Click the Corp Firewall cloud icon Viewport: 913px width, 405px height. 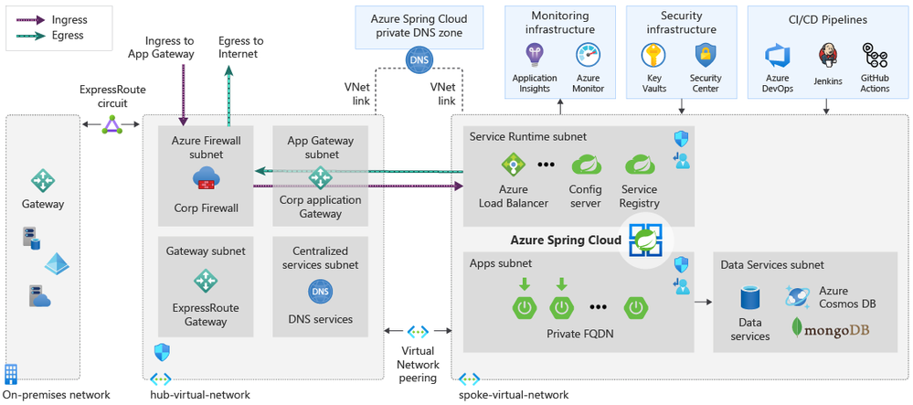pyautogui.click(x=206, y=177)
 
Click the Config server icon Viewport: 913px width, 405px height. pyautogui.click(x=585, y=165)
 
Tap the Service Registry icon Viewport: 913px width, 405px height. pyautogui.click(x=639, y=165)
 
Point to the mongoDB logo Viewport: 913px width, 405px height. pyautogui.click(x=833, y=327)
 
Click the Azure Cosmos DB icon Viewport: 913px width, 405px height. pyautogui.click(x=797, y=295)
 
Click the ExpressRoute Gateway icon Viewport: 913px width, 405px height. pyautogui.click(x=206, y=281)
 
